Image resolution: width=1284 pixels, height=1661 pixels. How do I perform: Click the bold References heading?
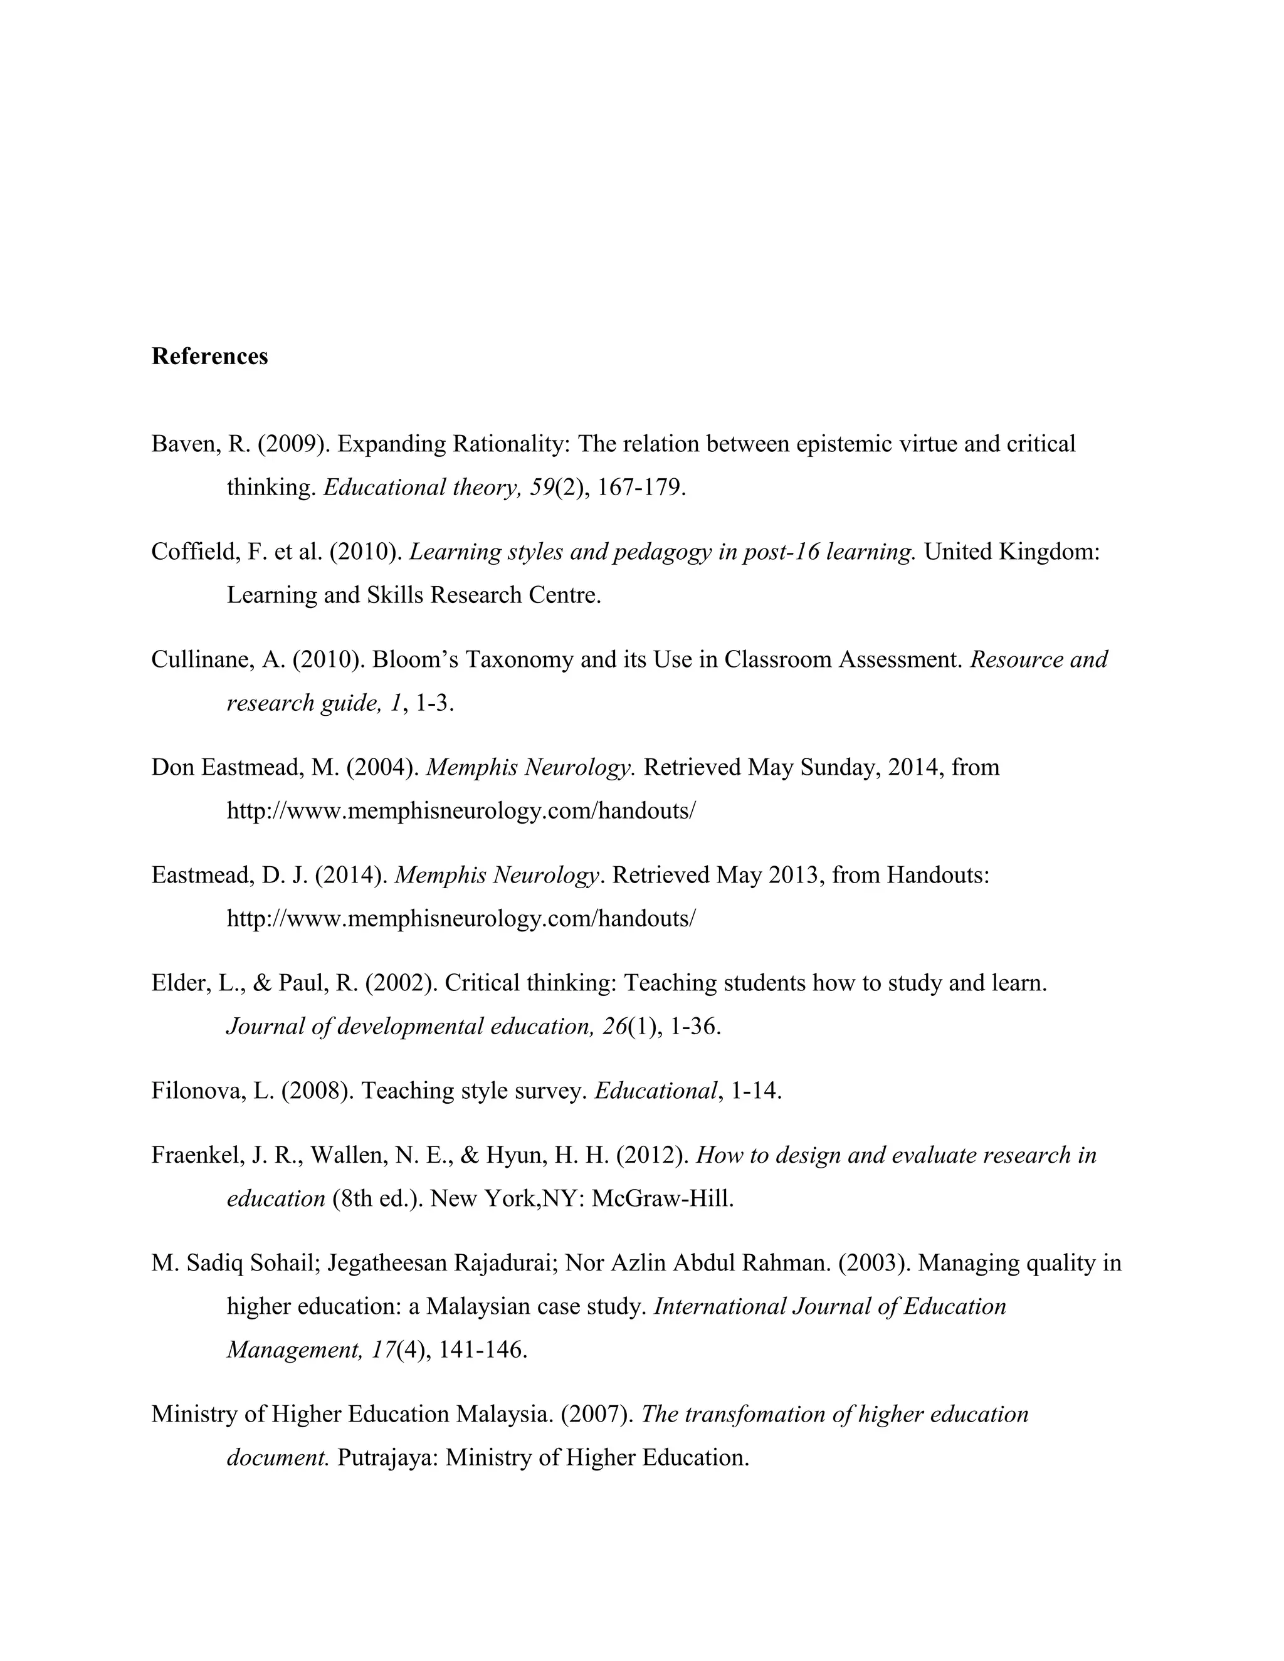coord(209,357)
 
